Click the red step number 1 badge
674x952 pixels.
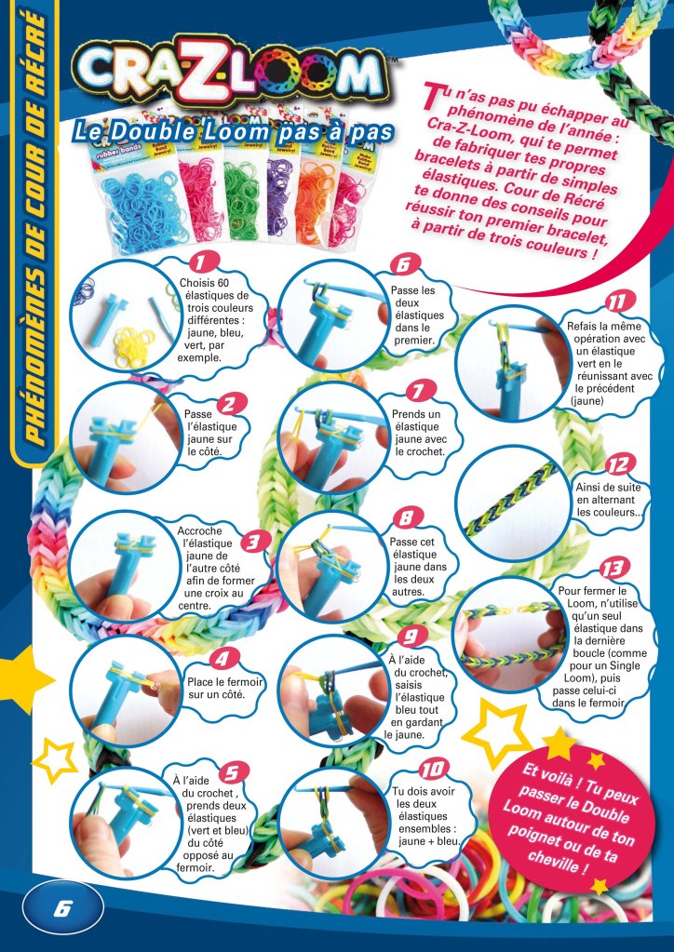coord(204,261)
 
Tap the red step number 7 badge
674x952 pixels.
coord(418,391)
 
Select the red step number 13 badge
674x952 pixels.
coord(614,569)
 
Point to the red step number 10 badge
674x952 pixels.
coord(433,770)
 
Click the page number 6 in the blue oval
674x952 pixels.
coord(62,909)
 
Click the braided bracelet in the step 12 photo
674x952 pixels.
coord(510,499)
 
